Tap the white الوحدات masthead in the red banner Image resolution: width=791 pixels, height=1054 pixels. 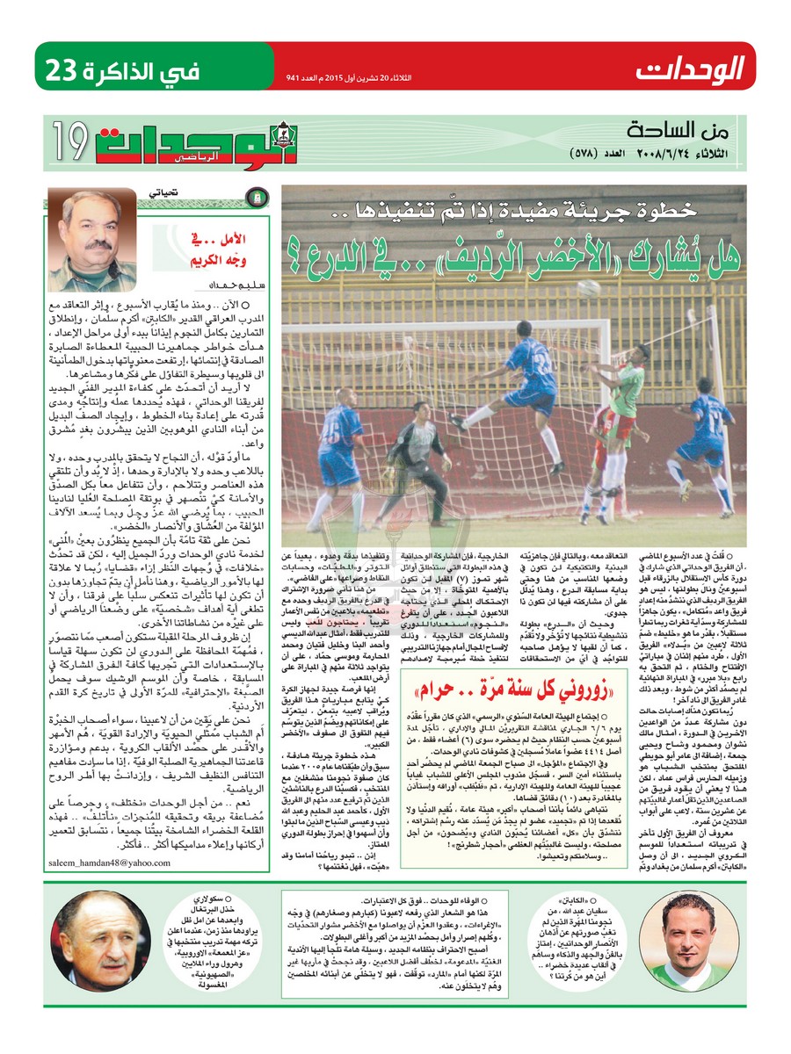pos(691,67)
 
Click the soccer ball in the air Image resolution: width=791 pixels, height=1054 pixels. pos(591,287)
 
